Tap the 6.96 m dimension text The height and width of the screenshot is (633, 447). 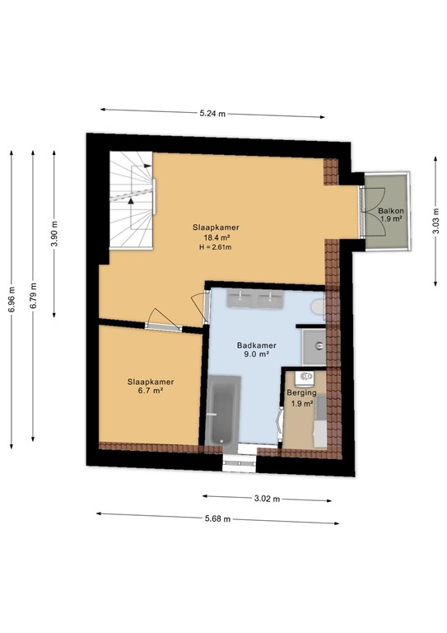pos(11,299)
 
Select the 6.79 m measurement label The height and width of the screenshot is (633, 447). pos(33,296)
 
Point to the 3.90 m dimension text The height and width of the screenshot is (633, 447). pos(55,233)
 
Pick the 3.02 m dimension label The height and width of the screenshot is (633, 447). pos(268,499)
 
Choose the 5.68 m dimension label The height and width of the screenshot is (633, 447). pos(217,518)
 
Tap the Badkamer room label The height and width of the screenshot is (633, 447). pos(255,345)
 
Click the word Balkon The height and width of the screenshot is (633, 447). pos(390,212)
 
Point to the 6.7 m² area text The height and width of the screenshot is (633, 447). pos(150,392)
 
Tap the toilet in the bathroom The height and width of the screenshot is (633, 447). pos(318,307)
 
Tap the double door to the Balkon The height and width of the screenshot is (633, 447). pos(366,212)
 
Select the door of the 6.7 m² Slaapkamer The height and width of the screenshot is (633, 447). pos(162,321)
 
